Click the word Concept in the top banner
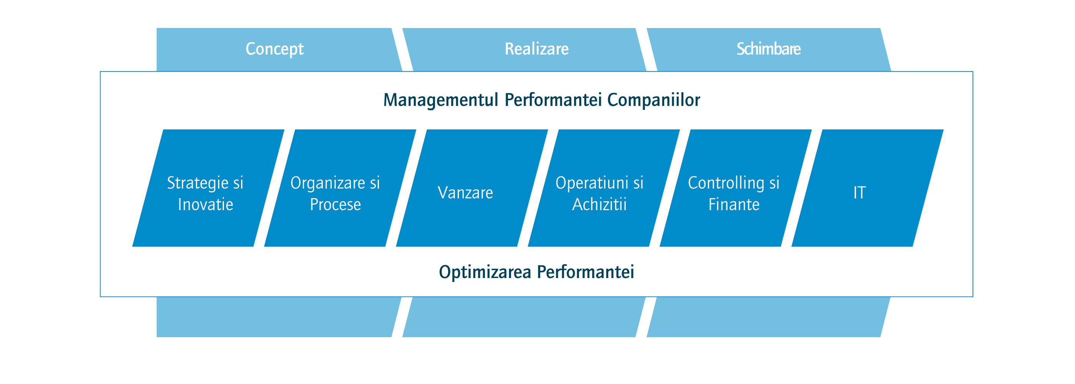tap(275, 49)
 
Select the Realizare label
tap(537, 49)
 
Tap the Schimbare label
tap(768, 49)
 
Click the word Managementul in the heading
tap(441, 100)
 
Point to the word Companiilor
tap(653, 100)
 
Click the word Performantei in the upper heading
tap(553, 100)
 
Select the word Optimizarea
tap(485, 272)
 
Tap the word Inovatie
tap(205, 205)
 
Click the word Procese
tap(336, 205)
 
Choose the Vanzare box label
tap(465, 193)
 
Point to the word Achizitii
tap(599, 205)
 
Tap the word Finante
tap(734, 205)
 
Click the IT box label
tap(860, 193)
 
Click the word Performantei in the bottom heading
tap(586, 272)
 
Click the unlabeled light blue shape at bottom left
tap(275, 317)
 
